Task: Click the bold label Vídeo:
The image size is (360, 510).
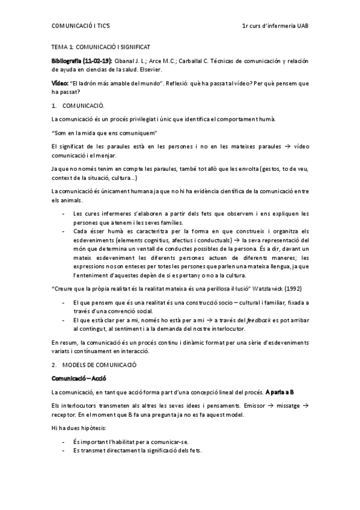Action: click(60, 84)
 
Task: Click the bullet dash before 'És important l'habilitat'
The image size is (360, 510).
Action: click(64, 442)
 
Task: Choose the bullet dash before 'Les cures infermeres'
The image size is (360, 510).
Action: click(64, 214)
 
